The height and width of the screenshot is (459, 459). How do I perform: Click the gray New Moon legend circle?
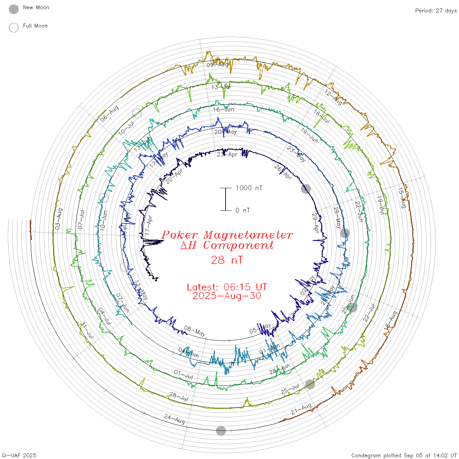[14, 10]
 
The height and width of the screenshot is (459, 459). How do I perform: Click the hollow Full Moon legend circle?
[14, 28]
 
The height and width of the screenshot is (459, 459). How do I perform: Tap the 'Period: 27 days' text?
[436, 11]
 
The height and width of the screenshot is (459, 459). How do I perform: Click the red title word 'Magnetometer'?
[248, 235]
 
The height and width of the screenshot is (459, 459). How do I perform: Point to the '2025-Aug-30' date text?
[227, 296]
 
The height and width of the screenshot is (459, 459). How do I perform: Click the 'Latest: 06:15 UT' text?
[227, 287]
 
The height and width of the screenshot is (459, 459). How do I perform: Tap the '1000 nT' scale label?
[249, 188]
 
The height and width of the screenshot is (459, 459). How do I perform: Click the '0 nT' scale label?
[243, 210]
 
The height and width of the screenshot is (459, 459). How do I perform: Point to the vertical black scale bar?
[226, 199]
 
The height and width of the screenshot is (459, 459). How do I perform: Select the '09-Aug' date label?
[217, 65]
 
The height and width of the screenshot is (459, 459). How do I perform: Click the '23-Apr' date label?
[227, 154]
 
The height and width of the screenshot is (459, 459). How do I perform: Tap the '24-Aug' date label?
[175, 419]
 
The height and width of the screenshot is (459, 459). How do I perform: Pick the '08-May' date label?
[195, 331]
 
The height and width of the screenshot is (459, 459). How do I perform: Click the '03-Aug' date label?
[59, 219]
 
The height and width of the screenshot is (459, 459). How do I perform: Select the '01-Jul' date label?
[184, 374]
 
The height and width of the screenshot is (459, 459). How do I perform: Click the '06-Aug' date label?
[110, 114]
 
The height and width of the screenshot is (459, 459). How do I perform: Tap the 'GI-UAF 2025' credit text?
[19, 455]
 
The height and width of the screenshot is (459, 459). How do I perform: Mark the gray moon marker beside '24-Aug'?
[221, 431]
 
